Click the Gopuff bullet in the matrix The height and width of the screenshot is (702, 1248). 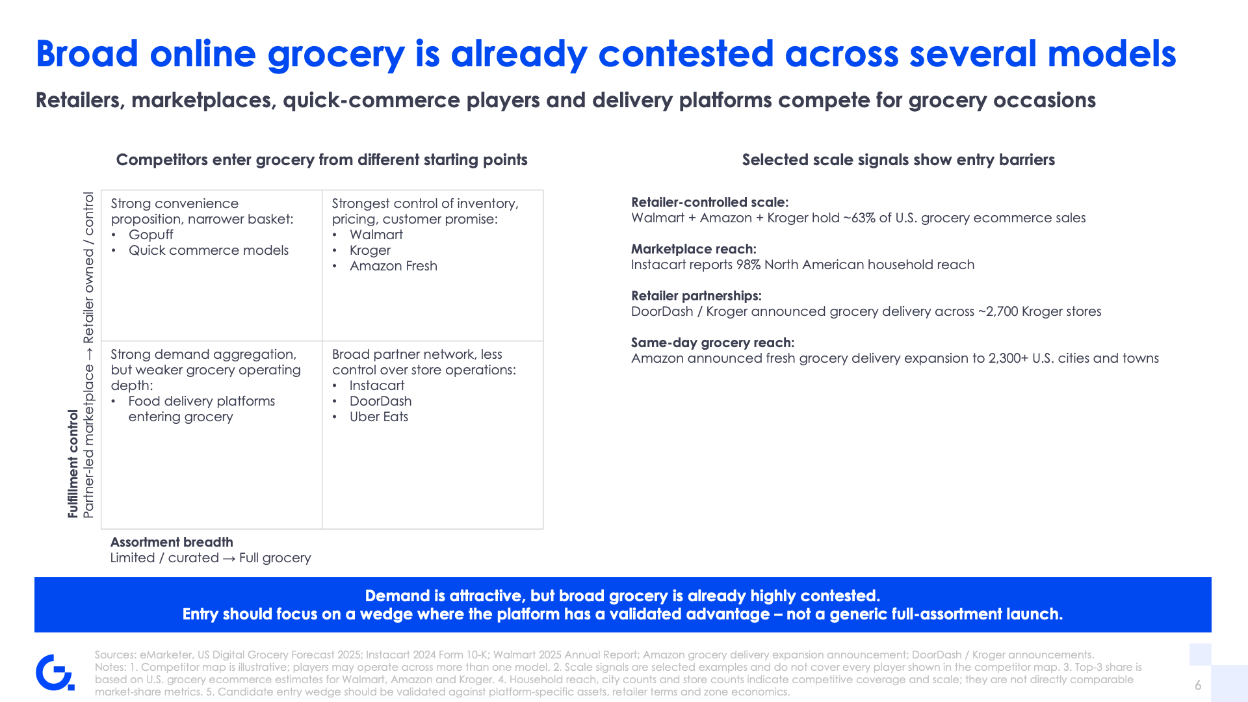tap(151, 235)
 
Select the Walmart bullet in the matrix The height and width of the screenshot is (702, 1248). tap(376, 235)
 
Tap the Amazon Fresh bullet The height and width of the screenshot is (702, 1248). tap(393, 266)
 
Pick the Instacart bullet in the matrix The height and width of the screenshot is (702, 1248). tap(376, 385)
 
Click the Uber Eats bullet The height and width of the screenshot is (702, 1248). tap(378, 417)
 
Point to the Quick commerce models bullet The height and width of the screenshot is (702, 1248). tap(208, 250)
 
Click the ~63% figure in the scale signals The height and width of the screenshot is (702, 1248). tap(859, 218)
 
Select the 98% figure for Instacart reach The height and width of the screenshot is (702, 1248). tap(748, 265)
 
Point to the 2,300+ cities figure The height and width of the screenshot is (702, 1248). tap(1009, 358)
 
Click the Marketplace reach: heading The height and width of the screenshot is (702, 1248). tap(694, 249)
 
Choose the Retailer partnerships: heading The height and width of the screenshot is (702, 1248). tap(696, 296)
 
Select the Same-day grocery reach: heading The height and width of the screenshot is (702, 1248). tap(712, 343)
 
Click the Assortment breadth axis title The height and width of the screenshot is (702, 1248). tap(172, 542)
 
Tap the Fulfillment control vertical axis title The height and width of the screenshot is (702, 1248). tap(73, 463)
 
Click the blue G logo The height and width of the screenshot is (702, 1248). tap(55, 672)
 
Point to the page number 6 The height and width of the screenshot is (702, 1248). tap(1198, 685)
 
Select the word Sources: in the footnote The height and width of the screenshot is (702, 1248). tap(115, 655)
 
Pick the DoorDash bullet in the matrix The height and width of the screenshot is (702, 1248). tap(380, 401)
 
